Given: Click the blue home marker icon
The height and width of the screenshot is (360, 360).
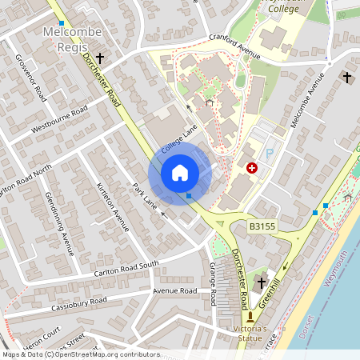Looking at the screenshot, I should pyautogui.click(x=180, y=173).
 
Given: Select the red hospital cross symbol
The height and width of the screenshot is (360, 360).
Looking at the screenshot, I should pyautogui.click(x=253, y=168).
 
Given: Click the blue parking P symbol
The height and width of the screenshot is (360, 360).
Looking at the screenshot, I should pyautogui.click(x=270, y=152).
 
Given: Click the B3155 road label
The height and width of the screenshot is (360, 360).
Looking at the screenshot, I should pyautogui.click(x=262, y=227).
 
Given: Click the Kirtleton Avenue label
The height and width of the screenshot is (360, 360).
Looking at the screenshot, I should pyautogui.click(x=112, y=206).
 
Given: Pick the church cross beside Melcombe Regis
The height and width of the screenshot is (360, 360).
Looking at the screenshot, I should pyautogui.click(x=101, y=58).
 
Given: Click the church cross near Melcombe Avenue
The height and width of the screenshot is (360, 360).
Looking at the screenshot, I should pyautogui.click(x=346, y=77).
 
